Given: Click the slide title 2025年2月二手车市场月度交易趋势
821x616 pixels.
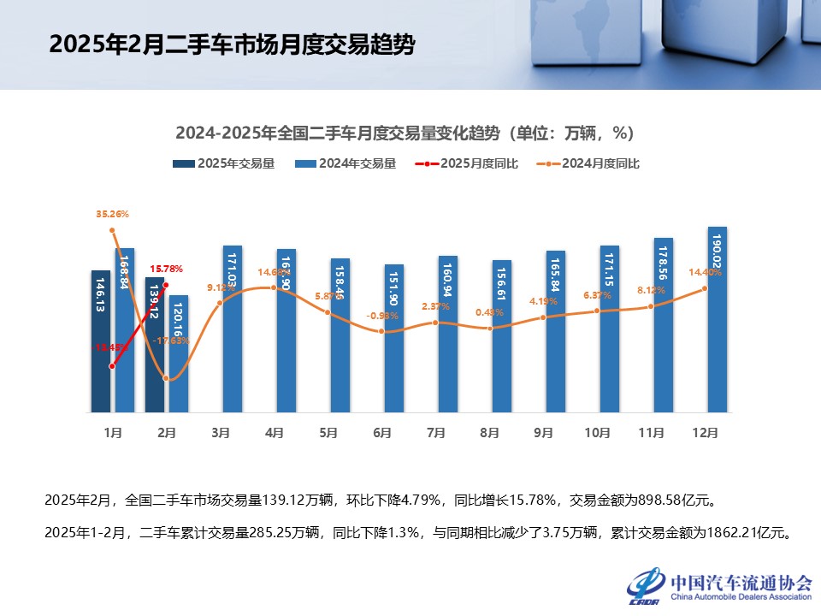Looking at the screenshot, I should click(232, 44).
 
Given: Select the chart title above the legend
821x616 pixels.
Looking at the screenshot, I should click(404, 133).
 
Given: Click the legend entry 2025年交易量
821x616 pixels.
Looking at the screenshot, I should click(223, 163).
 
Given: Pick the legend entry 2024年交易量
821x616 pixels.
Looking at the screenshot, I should click(346, 163).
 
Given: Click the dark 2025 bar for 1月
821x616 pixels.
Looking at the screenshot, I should click(101, 342).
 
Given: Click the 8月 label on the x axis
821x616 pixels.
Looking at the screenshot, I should click(490, 433).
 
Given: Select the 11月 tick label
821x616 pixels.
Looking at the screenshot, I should click(652, 433).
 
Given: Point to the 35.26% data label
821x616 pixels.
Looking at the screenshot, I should click(112, 214).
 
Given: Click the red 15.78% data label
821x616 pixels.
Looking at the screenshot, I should click(167, 269).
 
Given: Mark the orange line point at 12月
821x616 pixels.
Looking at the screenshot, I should click(705, 288).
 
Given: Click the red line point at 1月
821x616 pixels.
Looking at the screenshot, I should click(113, 366).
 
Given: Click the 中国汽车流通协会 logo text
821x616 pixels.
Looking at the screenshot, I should click(741, 582).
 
